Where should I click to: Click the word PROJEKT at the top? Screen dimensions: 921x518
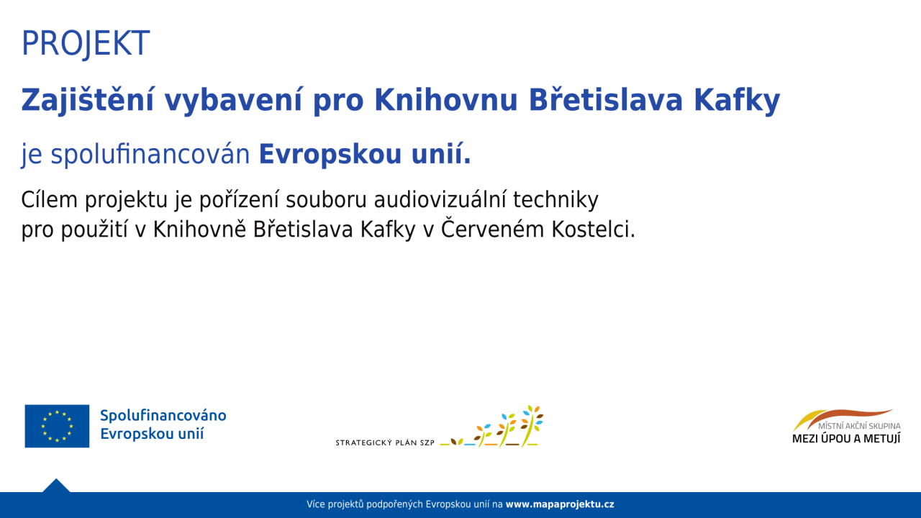point(86,43)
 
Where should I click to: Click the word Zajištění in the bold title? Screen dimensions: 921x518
point(88,100)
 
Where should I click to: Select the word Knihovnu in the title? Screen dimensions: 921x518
point(445,99)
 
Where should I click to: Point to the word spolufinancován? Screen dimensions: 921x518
point(150,154)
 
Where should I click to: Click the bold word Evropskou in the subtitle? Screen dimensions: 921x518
point(330,154)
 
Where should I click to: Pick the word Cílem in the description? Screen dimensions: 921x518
point(50,200)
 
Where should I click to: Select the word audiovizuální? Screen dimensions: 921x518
point(439,200)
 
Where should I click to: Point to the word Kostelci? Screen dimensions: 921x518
point(594,230)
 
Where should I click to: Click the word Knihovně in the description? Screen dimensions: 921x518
point(199,229)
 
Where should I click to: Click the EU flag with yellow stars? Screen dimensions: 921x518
point(57,426)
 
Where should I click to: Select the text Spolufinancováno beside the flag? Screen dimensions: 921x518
point(163,416)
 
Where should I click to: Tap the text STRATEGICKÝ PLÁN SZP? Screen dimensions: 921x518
point(385,442)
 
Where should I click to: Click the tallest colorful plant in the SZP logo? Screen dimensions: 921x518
point(532,425)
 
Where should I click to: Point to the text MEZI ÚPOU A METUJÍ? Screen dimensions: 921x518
point(846,439)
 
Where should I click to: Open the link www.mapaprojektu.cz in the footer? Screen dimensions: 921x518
point(560,504)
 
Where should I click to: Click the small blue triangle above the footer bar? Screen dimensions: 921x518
point(56,486)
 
